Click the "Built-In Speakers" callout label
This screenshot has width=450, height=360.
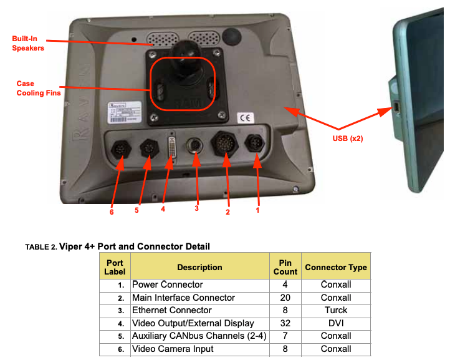28,43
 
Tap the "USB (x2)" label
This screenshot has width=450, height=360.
347,139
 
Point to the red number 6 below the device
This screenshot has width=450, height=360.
112,212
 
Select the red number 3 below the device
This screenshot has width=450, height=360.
196,208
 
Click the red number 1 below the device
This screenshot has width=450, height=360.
257,210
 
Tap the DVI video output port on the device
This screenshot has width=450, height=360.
171,150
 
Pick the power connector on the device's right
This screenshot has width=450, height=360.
256,144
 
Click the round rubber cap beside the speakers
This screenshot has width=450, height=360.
232,34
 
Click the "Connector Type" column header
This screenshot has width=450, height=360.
336,268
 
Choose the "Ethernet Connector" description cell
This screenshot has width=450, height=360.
172,310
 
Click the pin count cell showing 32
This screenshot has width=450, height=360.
284,323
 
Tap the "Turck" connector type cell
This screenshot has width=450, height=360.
336,310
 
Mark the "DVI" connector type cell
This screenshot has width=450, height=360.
336,323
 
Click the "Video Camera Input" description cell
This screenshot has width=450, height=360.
173,349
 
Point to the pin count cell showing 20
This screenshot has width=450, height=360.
284,298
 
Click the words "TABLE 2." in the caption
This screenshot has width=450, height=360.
41,247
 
